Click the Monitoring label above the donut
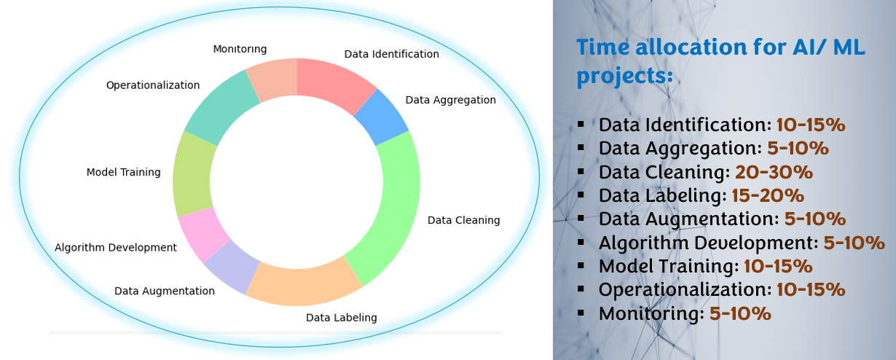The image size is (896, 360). tap(240, 49)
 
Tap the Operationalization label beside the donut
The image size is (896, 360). tap(152, 85)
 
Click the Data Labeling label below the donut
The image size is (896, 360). tap(341, 318)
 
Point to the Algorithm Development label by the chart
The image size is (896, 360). tap(115, 248)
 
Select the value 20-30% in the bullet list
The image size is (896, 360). tap(774, 172)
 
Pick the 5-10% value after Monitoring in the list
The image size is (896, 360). tap(740, 313)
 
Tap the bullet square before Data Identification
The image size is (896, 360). tap(581, 124)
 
